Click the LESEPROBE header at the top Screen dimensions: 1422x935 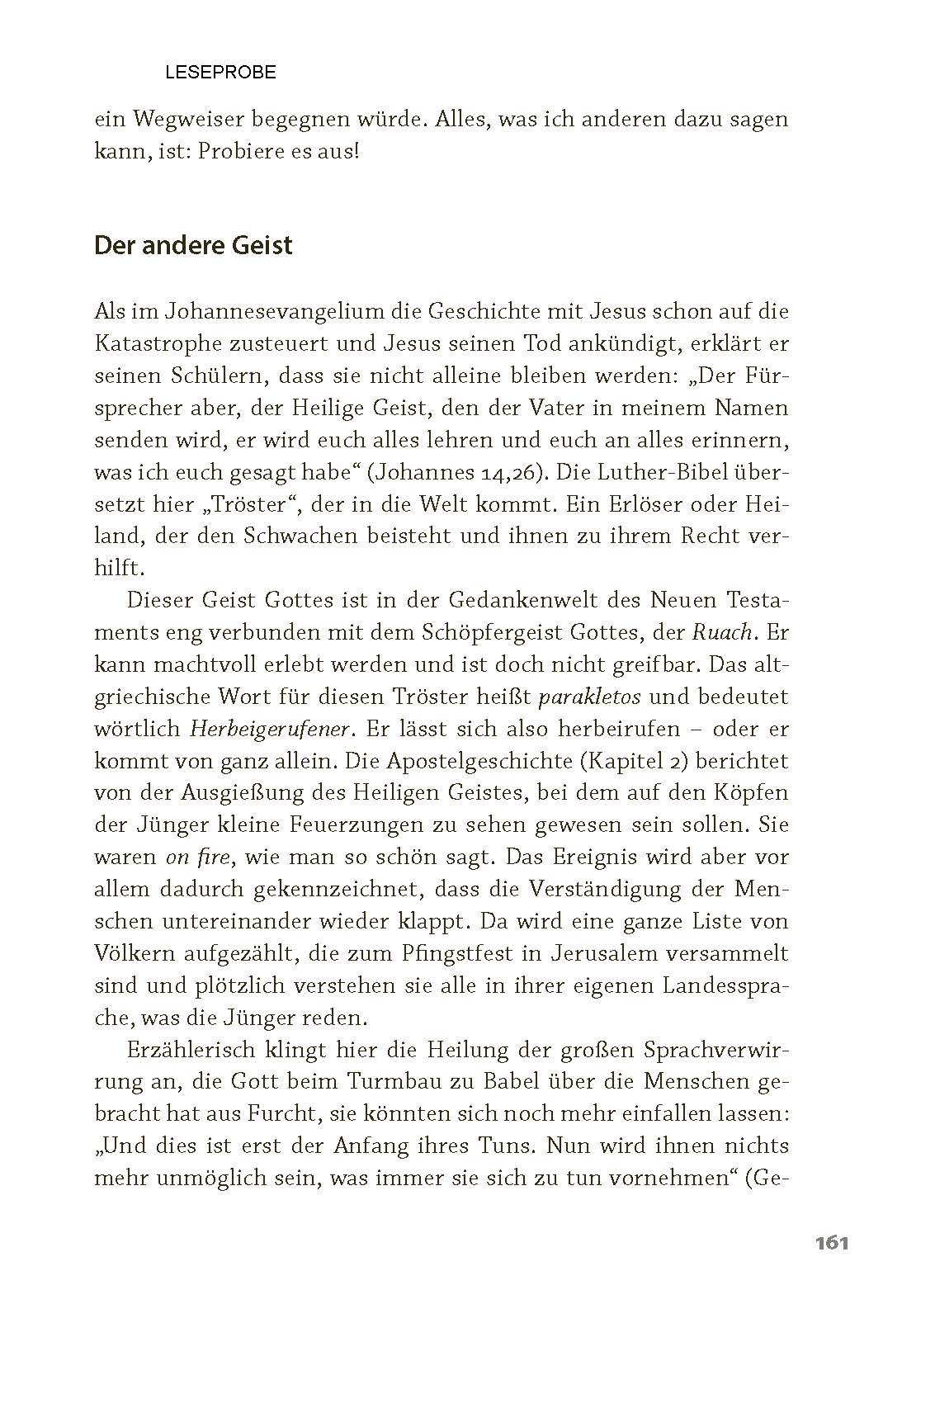(x=220, y=73)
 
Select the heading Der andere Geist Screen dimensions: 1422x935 (x=193, y=246)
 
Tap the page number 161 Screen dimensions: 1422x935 (x=831, y=1243)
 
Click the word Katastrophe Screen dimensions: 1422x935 (x=170, y=343)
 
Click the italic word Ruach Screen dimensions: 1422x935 (x=722, y=633)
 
